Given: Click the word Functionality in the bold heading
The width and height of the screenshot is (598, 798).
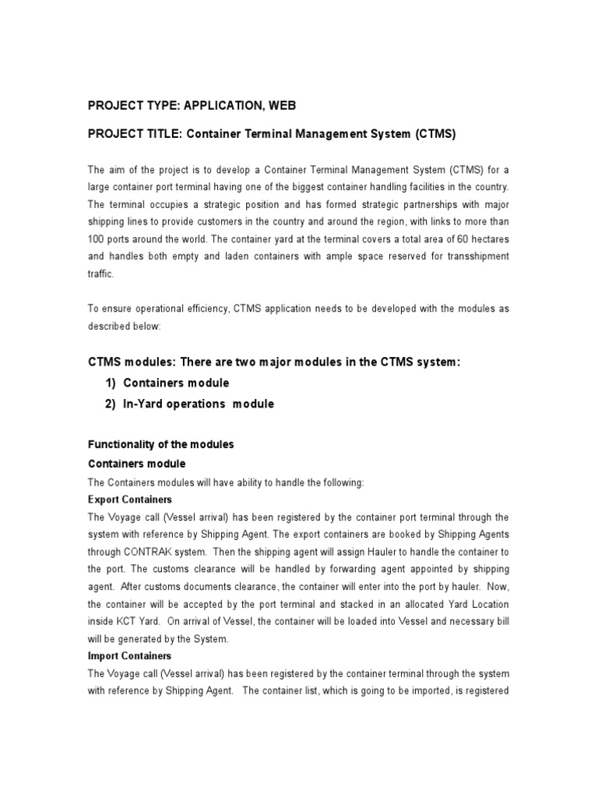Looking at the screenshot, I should click(x=121, y=444).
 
